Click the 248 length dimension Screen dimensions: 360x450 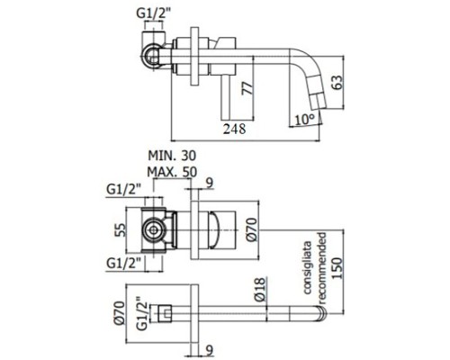236,129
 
